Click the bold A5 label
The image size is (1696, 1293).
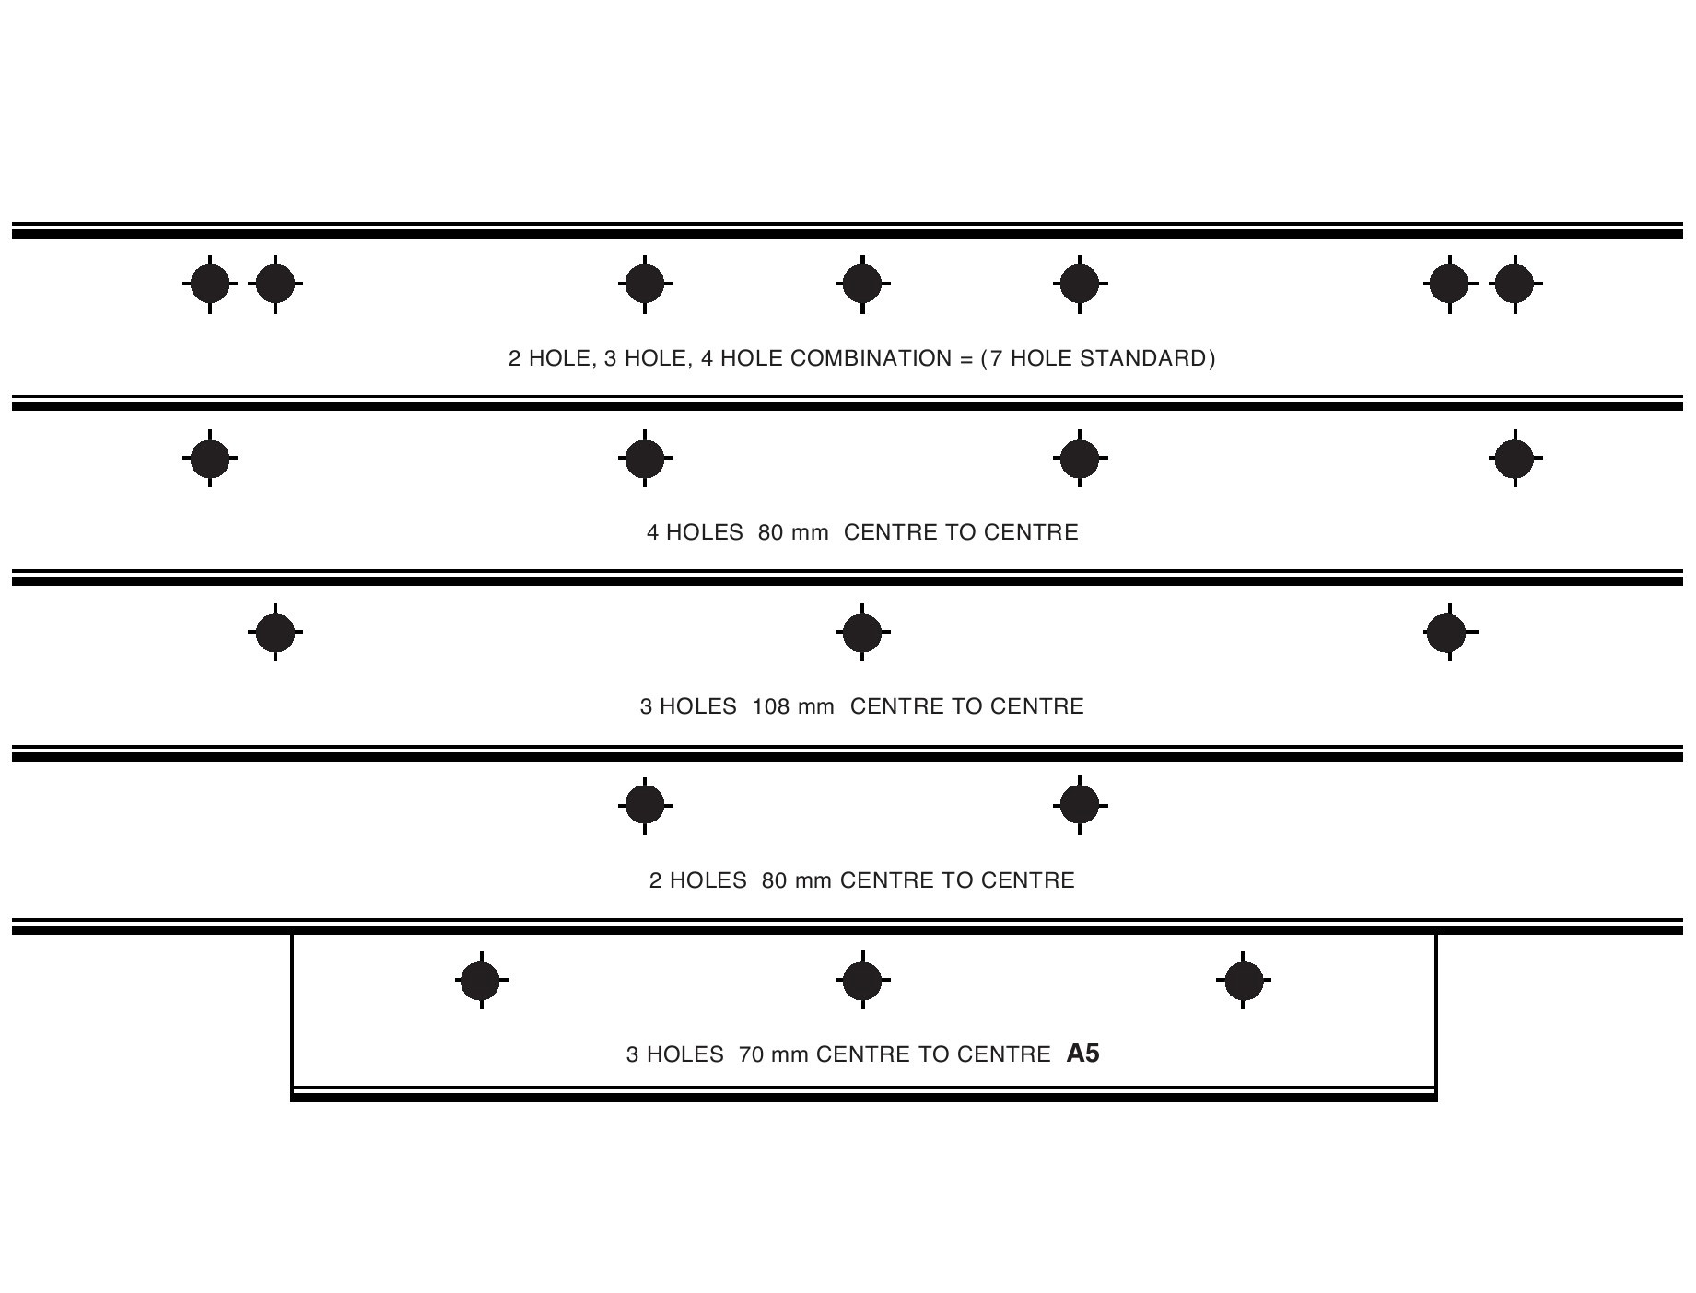tap(1082, 1053)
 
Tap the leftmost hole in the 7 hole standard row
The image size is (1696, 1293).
tap(210, 284)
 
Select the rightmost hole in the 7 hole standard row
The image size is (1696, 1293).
tap(1515, 284)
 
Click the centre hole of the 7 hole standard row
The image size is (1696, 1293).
tap(862, 284)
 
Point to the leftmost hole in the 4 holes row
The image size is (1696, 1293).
tap(210, 458)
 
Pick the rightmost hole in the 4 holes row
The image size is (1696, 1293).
tap(1515, 458)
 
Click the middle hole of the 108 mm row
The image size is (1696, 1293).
tap(862, 633)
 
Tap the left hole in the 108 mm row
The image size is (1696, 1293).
tap(275, 633)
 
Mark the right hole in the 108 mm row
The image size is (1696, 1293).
tap(1450, 633)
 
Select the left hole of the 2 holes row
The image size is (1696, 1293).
tap(645, 806)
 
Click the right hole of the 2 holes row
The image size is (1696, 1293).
tap(1080, 806)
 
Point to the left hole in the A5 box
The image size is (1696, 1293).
tap(482, 981)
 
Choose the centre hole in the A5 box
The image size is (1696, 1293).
tap(862, 981)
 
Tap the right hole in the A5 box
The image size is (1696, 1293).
tap(1244, 981)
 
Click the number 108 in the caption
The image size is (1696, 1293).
tap(771, 706)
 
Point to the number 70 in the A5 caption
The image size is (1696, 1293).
tap(752, 1054)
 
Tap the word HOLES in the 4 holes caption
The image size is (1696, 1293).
tap(704, 532)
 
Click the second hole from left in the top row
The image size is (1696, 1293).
tap(275, 284)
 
